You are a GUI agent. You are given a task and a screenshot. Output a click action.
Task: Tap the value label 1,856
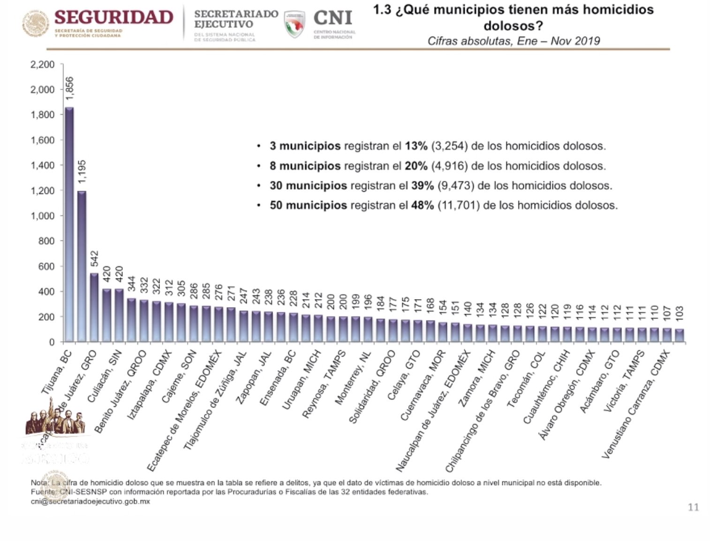[x=70, y=88]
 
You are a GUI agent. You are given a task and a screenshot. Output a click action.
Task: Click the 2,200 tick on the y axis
[x=42, y=64]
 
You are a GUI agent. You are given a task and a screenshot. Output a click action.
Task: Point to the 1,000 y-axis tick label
[x=42, y=216]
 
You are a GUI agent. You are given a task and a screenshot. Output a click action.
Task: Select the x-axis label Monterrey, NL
[x=353, y=378]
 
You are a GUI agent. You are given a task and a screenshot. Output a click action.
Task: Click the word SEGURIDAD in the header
[x=114, y=18]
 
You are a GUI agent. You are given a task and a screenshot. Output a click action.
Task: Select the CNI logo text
[x=332, y=18]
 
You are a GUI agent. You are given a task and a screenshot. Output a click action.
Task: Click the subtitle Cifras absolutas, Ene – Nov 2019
[x=514, y=41]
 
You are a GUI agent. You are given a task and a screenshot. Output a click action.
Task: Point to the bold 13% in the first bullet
[x=416, y=146]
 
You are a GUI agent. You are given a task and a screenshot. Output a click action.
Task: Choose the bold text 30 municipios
[x=308, y=185]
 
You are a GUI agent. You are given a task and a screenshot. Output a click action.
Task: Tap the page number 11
[x=693, y=507]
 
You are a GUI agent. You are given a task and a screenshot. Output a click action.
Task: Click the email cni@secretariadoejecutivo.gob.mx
[x=90, y=502]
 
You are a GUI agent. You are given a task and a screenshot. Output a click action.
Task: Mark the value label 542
[x=94, y=259]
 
